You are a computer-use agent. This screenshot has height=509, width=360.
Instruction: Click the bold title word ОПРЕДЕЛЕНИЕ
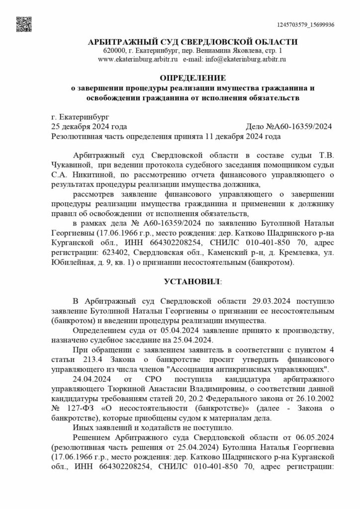[x=192, y=78]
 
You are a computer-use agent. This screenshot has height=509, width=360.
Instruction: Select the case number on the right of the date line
[x=289, y=126]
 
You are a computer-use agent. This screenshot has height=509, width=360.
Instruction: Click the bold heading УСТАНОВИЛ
[x=191, y=281]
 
